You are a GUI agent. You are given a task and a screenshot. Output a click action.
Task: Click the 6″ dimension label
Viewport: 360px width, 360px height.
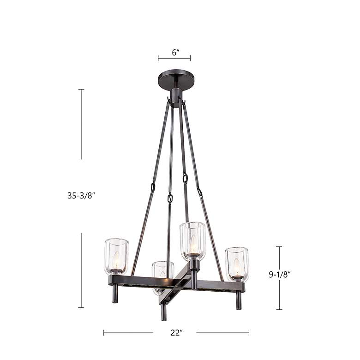[x=175, y=53]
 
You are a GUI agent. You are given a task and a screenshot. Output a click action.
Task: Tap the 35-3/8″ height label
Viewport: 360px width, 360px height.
[x=81, y=196]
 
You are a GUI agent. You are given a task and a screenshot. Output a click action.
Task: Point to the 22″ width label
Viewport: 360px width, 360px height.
[x=177, y=333]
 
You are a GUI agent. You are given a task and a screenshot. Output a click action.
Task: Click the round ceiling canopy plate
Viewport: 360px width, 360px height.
[x=176, y=79]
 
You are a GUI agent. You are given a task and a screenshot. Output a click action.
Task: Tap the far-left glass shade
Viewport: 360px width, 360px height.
[x=117, y=257]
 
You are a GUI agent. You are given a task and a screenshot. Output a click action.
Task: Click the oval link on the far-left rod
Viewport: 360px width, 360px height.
[x=153, y=187]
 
